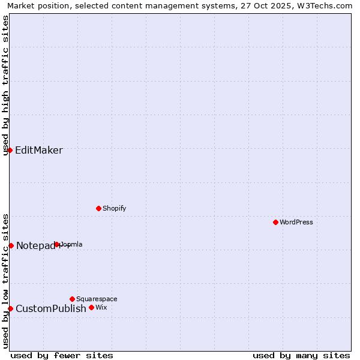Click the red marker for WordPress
pos(275,222)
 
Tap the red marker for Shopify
pos(98,208)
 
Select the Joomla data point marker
pos(57,244)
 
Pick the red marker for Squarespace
pos(72,299)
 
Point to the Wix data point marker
pos(91,307)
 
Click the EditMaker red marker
pos(10,150)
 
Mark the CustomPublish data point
pos(10,308)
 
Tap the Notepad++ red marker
pos(11,245)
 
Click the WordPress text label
pos(296,222)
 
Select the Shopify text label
pos(114,208)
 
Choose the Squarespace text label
pos(97,299)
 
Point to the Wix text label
pos(101,307)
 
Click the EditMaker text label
pos(38,150)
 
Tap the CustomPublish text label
pos(50,308)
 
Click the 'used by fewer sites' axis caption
pos(62,355)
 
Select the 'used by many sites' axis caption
pos(301,355)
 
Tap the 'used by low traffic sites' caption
pos(6,281)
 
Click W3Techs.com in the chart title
pos(328,6)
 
